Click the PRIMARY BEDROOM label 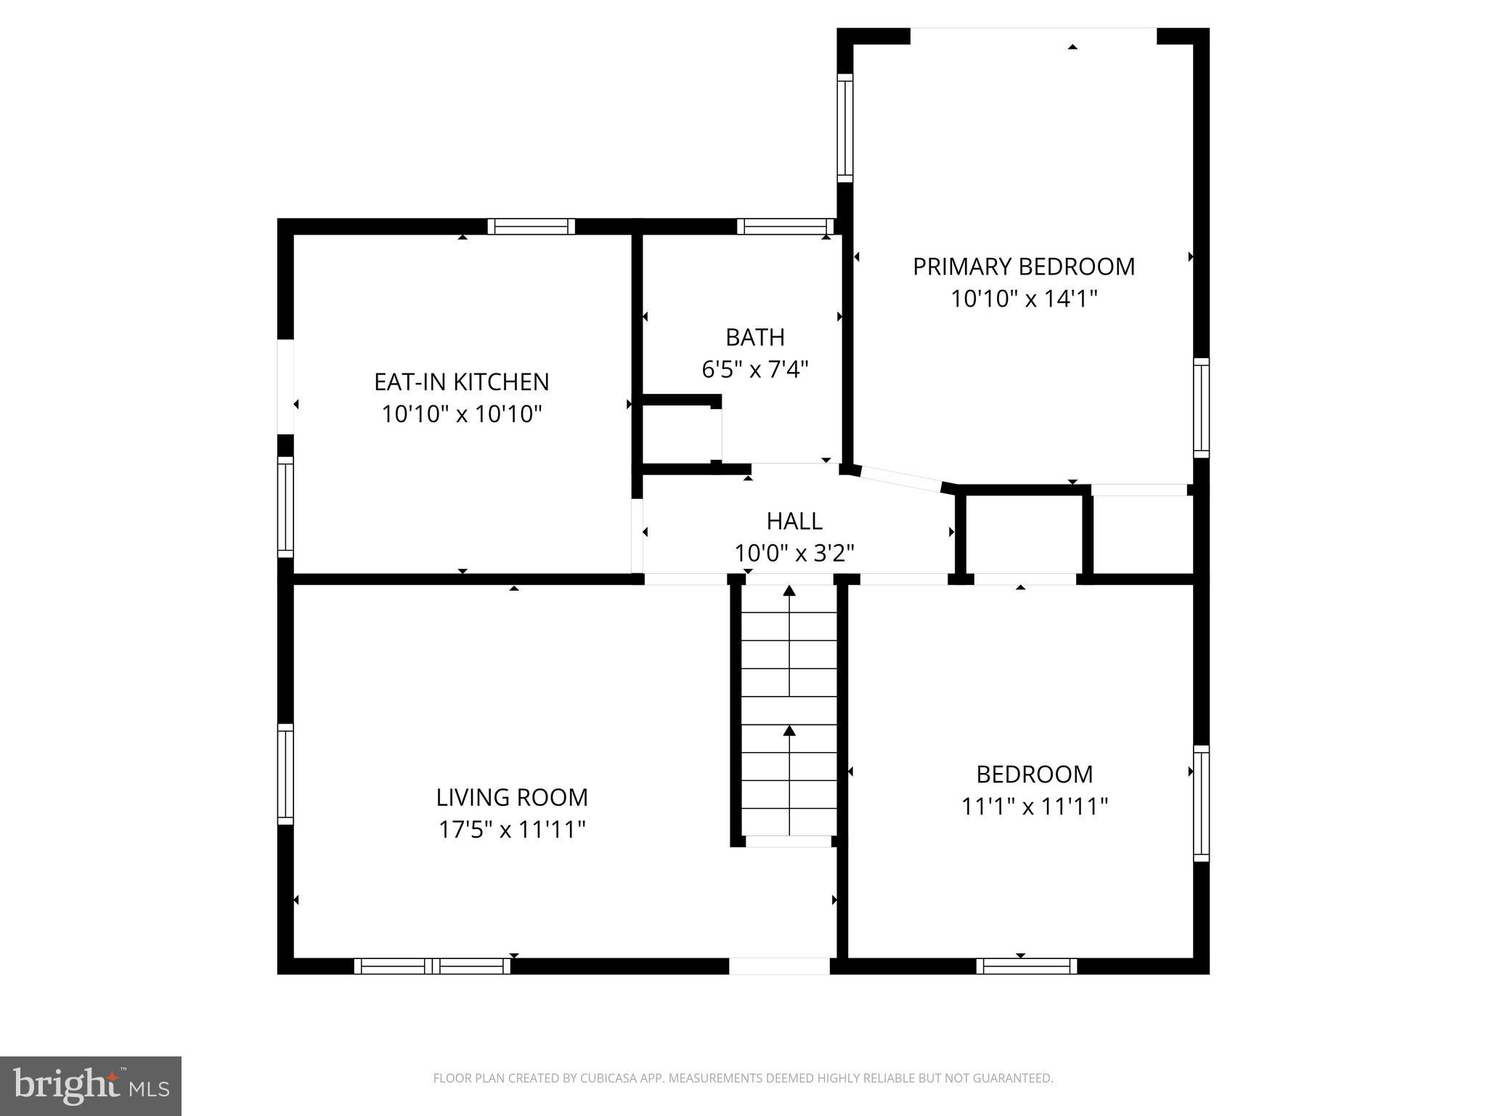(x=1023, y=267)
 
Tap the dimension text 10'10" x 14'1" (x=1023, y=299)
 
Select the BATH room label (x=754, y=337)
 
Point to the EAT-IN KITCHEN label (x=461, y=381)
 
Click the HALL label (x=794, y=521)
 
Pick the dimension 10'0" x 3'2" (x=794, y=554)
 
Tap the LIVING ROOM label (x=511, y=797)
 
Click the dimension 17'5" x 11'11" (x=511, y=829)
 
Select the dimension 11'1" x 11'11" (x=1034, y=806)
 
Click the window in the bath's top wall (x=786, y=227)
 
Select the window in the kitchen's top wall (x=531, y=227)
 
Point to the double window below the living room (x=432, y=966)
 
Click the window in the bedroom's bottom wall (x=1026, y=966)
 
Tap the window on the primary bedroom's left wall (x=844, y=128)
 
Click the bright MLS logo (x=90, y=1085)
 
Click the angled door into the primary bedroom (x=900, y=479)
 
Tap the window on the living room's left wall (x=285, y=773)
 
